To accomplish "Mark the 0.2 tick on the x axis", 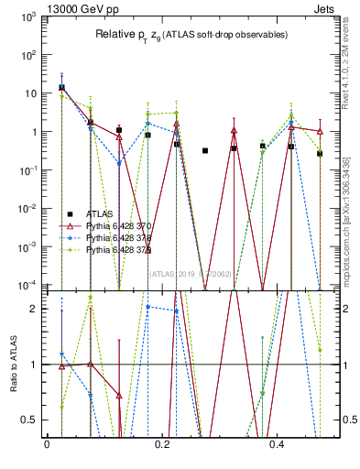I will point(162,445).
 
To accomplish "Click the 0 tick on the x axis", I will point(47,445).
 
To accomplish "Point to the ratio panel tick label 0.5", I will point(32,420).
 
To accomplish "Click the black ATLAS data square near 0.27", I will point(205,150).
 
